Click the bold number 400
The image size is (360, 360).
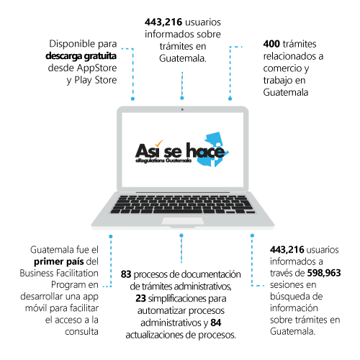click(271, 44)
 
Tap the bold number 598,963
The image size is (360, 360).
click(324, 273)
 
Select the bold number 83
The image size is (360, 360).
click(126, 274)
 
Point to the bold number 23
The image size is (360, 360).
click(140, 298)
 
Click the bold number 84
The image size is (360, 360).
click(216, 323)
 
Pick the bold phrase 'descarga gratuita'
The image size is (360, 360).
click(81, 56)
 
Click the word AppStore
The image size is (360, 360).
click(96, 68)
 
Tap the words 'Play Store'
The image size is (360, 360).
click(96, 80)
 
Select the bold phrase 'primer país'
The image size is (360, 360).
click(59, 261)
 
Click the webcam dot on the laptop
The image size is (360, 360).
click(182, 109)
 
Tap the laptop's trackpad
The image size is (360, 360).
click(183, 221)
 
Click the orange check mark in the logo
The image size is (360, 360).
click(158, 143)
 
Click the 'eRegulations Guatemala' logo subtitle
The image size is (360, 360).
click(163, 161)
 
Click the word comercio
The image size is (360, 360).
click(283, 68)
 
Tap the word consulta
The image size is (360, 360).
click(81, 332)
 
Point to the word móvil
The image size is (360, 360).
click(36, 308)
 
